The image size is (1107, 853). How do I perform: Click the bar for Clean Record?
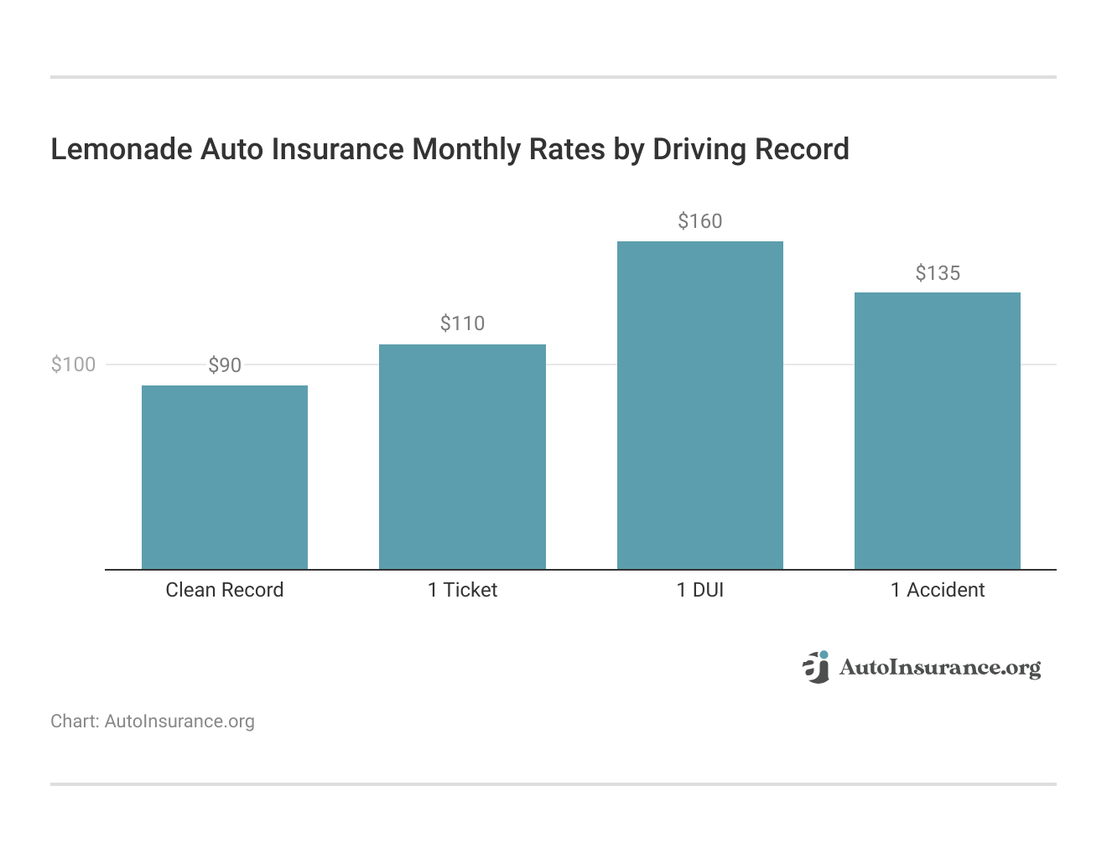[x=224, y=477]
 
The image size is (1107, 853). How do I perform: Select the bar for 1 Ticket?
[x=462, y=457]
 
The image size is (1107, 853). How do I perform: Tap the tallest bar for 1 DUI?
[x=699, y=405]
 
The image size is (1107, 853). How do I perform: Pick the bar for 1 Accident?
[x=937, y=431]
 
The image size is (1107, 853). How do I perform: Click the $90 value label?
[x=225, y=365]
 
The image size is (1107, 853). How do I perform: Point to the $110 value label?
[x=462, y=323]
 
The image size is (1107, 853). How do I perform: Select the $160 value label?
[x=699, y=221]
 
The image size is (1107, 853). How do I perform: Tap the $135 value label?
[x=938, y=273]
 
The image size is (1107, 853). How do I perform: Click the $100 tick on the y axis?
[x=73, y=364]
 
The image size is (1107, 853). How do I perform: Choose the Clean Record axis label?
[x=225, y=590]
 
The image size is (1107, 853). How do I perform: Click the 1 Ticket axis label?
[x=462, y=590]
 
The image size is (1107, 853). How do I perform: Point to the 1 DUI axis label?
[x=699, y=590]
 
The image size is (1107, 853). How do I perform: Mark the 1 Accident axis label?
[x=938, y=590]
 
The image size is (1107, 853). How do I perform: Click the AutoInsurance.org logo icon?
[x=815, y=667]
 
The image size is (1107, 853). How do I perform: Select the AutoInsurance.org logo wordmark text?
[x=939, y=668]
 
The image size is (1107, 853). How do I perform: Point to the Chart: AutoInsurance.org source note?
[x=153, y=721]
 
